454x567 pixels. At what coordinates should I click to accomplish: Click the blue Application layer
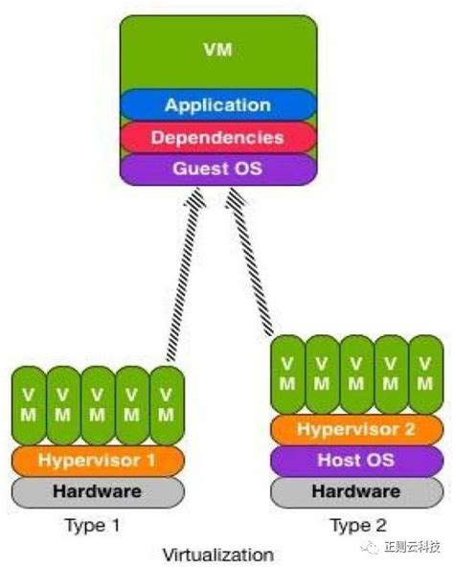point(217,104)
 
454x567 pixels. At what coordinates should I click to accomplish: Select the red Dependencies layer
point(217,137)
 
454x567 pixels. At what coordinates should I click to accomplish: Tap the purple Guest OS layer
point(217,169)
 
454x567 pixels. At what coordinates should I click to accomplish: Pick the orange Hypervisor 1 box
point(97,460)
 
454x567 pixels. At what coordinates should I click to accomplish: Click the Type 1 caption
point(93,525)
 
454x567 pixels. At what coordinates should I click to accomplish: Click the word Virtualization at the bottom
point(217,554)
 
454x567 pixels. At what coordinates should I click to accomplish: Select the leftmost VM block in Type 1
point(28,404)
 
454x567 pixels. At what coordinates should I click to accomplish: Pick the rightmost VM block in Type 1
point(166,404)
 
